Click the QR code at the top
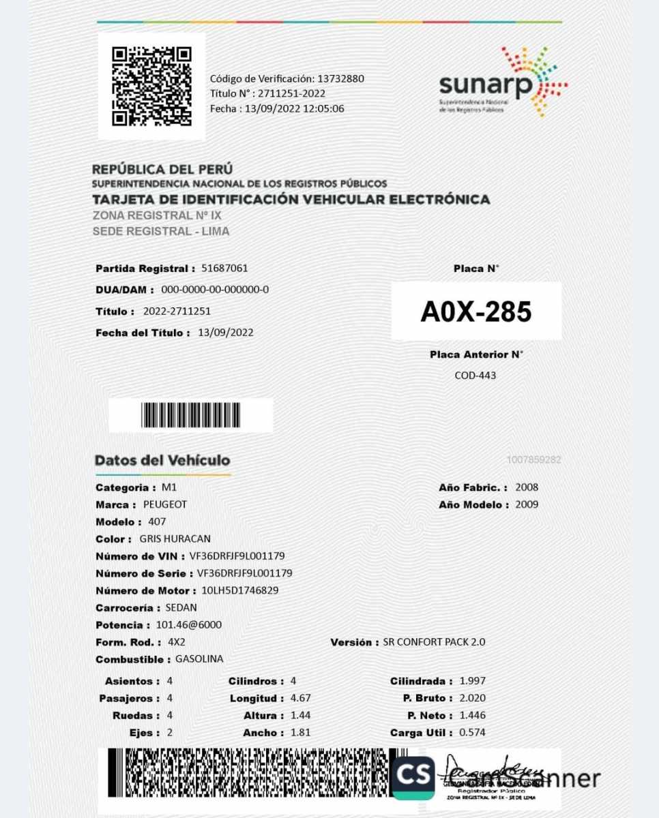(x=151, y=86)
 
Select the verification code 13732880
(x=340, y=78)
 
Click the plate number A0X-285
(x=475, y=312)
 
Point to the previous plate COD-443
(x=475, y=375)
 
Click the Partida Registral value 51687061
(x=224, y=268)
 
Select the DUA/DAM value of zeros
(x=215, y=290)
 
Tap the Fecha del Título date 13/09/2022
(x=226, y=333)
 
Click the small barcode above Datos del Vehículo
(x=190, y=415)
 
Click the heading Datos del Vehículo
(x=162, y=461)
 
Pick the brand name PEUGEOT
(x=165, y=505)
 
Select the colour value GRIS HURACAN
(x=175, y=539)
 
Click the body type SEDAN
(x=181, y=607)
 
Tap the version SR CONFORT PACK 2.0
(x=435, y=642)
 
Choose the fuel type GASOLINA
(x=199, y=659)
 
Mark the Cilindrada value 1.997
(x=473, y=681)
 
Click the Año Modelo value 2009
(x=527, y=505)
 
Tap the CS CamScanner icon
(x=413, y=778)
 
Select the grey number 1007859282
(x=533, y=460)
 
